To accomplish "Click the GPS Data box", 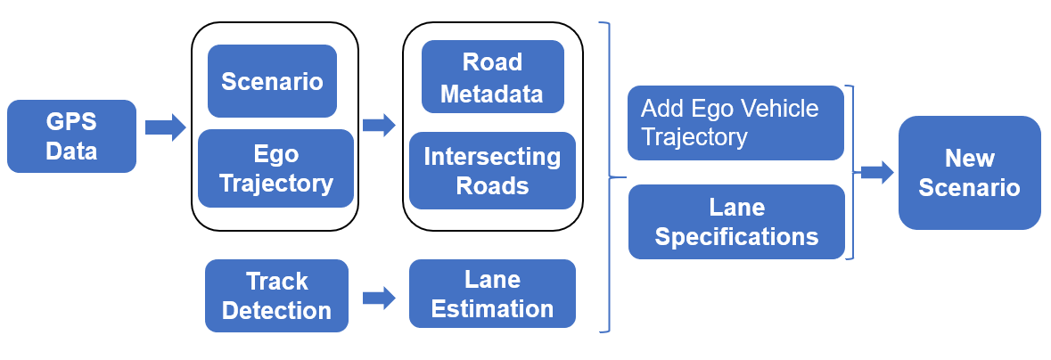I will [x=71, y=136].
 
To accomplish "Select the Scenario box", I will [x=272, y=81].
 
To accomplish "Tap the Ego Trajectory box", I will [x=275, y=168].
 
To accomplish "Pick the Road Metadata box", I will [x=492, y=78].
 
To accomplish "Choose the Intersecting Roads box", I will [x=492, y=171].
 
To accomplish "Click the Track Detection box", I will [x=276, y=296].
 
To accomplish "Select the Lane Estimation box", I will [x=492, y=294].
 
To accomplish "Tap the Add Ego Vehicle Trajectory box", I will [x=735, y=123].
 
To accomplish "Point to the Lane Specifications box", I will [x=736, y=222].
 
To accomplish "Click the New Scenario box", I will [x=969, y=173].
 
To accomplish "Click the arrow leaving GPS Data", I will [x=165, y=127].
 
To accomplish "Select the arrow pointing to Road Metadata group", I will [x=379, y=125].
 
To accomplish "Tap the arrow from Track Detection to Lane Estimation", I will [x=379, y=298].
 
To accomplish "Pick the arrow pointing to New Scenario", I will [x=876, y=172].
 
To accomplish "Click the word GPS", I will [x=71, y=122].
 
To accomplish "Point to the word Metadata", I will [x=492, y=93].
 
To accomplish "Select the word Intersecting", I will [x=492, y=157].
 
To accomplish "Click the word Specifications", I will [x=736, y=237].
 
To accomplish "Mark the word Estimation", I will [x=492, y=309].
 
